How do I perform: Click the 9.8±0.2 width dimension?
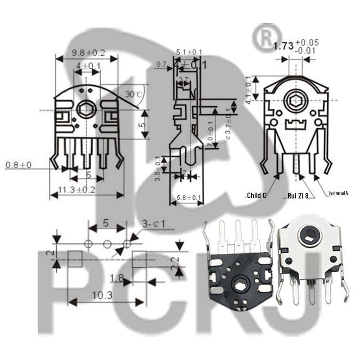pos(88,53)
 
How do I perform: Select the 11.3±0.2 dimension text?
pos(76,189)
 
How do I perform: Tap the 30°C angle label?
pos(134,94)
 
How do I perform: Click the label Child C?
pos(256,195)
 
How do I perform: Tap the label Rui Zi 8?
pos(297,195)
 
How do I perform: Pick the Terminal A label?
pos(338,193)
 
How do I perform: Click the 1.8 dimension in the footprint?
pos(117,279)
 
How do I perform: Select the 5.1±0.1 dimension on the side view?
pos(189,52)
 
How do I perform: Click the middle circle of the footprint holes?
pos(107,244)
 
